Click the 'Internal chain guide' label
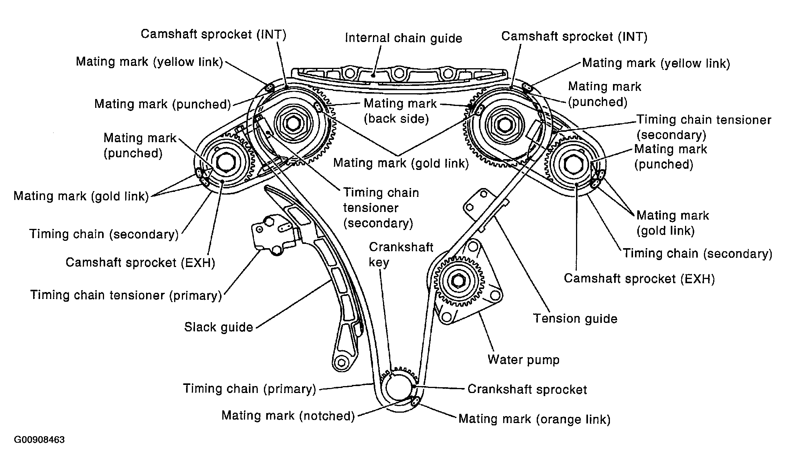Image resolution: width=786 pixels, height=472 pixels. [403, 38]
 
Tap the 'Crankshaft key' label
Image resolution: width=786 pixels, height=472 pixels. [401, 254]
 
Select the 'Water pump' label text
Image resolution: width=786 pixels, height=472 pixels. [523, 359]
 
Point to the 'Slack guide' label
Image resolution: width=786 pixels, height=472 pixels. [218, 327]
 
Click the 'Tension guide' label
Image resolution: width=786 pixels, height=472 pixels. [575, 319]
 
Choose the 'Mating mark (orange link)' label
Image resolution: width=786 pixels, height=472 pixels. [534, 419]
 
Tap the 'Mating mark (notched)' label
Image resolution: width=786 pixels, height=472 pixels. [288, 415]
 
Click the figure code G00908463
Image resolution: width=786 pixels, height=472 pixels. [39, 440]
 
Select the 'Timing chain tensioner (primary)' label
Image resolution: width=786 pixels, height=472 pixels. [126, 295]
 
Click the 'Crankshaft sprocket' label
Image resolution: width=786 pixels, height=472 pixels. [527, 389]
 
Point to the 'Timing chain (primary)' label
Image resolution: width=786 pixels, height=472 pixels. [249, 388]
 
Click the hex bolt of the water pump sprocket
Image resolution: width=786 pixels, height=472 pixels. [458, 282]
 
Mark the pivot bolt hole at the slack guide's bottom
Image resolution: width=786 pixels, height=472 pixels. [341, 362]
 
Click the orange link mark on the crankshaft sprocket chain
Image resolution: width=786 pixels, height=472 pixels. [415, 401]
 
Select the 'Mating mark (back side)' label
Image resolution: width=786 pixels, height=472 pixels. [400, 111]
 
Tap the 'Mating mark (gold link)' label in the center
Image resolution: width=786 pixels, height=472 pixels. [401, 163]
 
